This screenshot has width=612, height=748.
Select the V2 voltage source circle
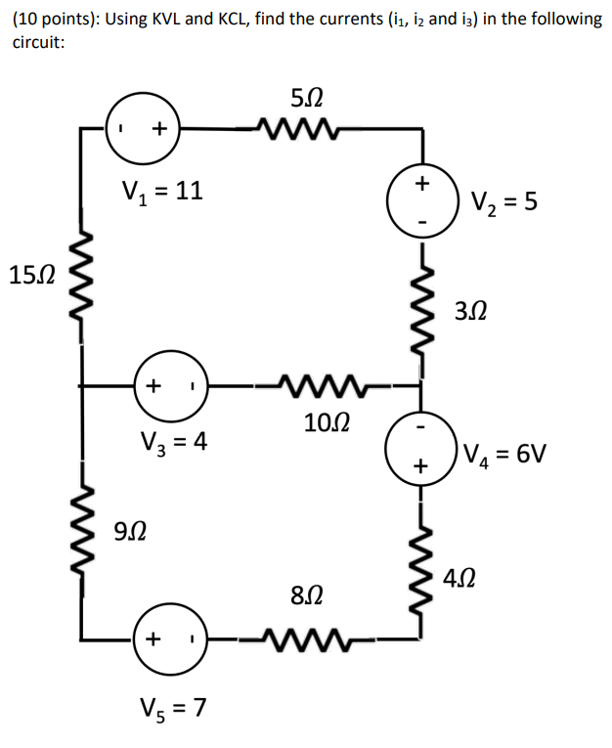pos(422,202)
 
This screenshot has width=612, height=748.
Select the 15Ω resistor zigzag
pos(80,276)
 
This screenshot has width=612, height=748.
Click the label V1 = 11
pos(161,191)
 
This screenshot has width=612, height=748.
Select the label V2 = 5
pos(503,203)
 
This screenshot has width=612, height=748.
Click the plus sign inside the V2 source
pos(422,183)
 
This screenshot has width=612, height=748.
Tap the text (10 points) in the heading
pos(53,19)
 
